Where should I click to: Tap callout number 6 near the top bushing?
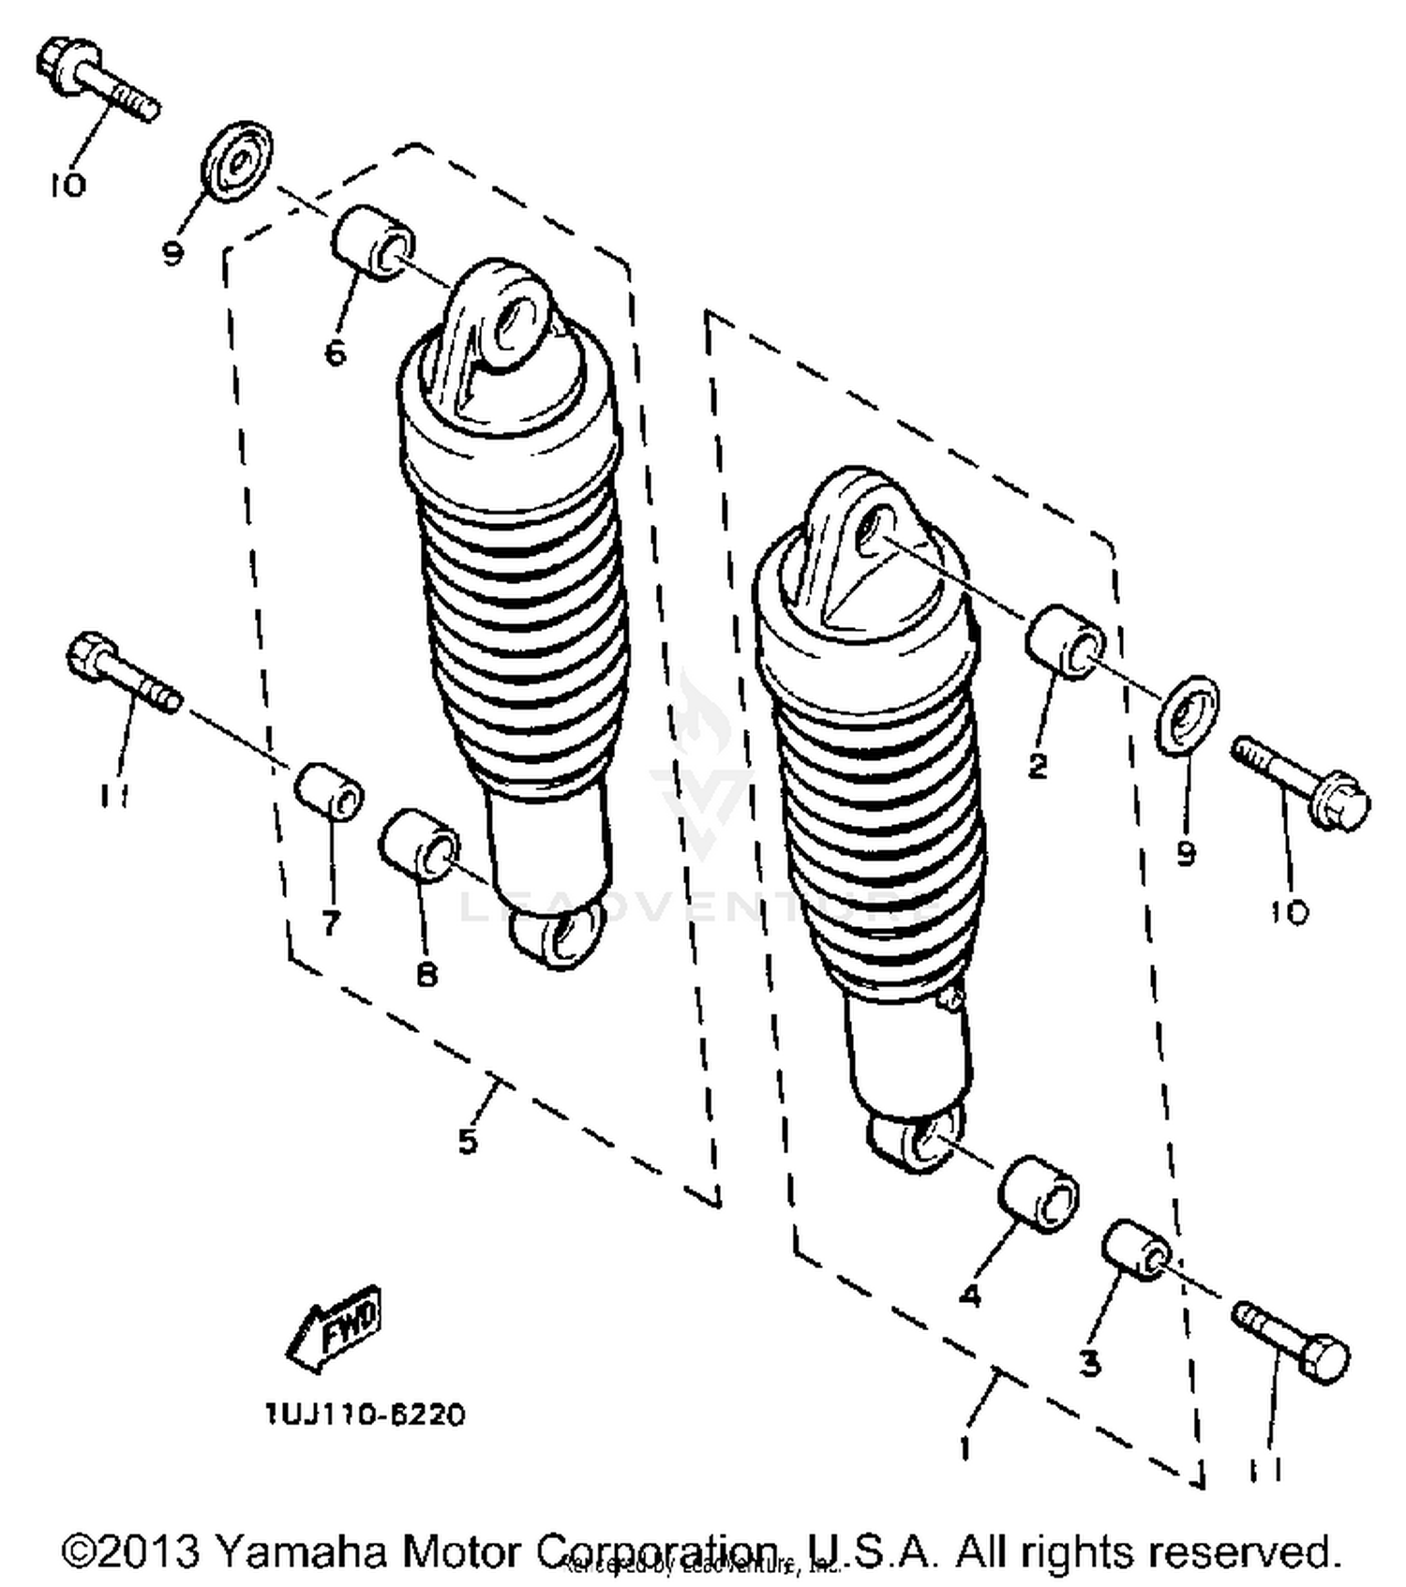335,353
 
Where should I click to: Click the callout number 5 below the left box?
468,1141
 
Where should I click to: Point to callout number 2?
1037,766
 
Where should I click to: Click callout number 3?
1088,1364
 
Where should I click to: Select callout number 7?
330,923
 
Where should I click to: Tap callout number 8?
426,976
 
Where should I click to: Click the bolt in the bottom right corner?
1293,1341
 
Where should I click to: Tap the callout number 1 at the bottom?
965,1448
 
